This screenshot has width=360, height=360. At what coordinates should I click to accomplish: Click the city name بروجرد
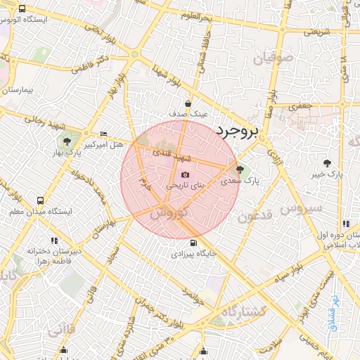coord(237,130)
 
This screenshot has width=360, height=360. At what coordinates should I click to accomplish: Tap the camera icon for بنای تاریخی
coord(185,175)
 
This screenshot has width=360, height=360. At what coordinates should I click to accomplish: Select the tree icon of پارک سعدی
coord(240,169)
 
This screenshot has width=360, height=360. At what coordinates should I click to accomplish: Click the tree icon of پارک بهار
coord(67,141)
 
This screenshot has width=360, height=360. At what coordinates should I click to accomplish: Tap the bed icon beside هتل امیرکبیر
coord(104,134)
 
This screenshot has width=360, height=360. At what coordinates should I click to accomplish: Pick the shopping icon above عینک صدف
coord(188,103)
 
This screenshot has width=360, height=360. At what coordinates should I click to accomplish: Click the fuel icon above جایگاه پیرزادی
coord(194,242)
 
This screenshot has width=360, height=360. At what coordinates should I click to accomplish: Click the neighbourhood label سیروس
coord(301,209)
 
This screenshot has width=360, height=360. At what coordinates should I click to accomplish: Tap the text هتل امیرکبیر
coord(103,144)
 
